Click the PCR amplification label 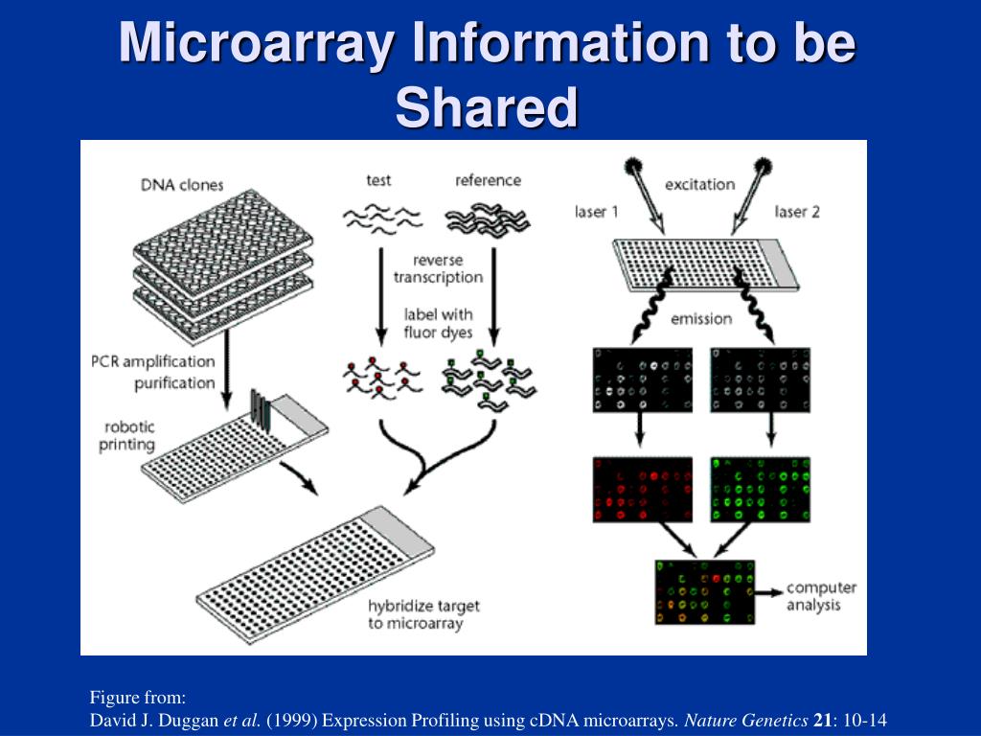152,361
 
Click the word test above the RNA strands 379,180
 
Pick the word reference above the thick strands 488,180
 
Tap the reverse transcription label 437,268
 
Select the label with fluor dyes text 438,324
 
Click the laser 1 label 597,212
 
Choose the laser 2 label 797,212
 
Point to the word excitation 699,184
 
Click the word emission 700,319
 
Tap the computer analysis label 821,596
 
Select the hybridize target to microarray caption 410,615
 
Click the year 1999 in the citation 283,720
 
